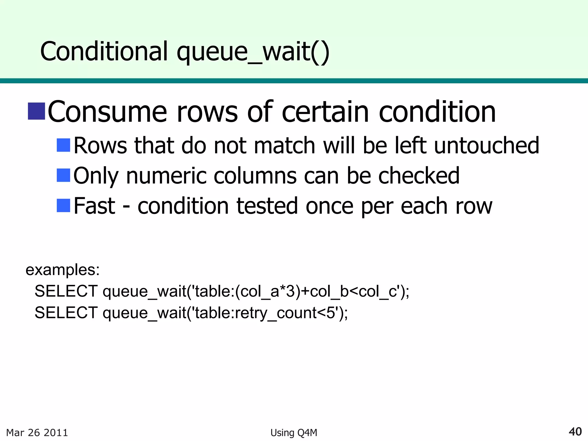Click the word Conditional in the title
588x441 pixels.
point(104,51)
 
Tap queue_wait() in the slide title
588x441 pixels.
point(253,52)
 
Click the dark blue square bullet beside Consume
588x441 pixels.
point(36,111)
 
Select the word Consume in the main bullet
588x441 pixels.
point(107,112)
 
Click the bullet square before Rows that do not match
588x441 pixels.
point(63,145)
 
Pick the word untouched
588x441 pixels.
point(487,145)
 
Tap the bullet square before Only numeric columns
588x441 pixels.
point(63,175)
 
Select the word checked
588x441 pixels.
point(419,175)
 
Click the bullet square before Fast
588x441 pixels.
point(63,205)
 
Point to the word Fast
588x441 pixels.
point(94,206)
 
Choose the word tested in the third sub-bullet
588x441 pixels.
point(267,206)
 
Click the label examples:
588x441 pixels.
point(63,270)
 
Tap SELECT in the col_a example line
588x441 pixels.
point(66,291)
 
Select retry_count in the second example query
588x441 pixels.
point(276,313)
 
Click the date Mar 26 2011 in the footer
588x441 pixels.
point(37,432)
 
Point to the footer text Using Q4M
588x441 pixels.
point(294,433)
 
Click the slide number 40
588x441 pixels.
point(575,432)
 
